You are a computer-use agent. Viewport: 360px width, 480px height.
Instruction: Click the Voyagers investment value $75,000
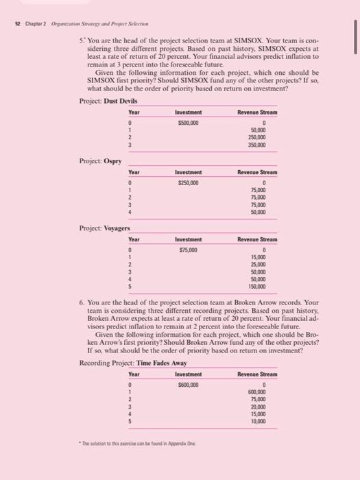tap(188, 250)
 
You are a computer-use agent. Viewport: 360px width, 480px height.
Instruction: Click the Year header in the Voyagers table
tap(134, 239)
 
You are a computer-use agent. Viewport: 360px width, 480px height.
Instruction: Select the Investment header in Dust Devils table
tap(188, 112)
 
